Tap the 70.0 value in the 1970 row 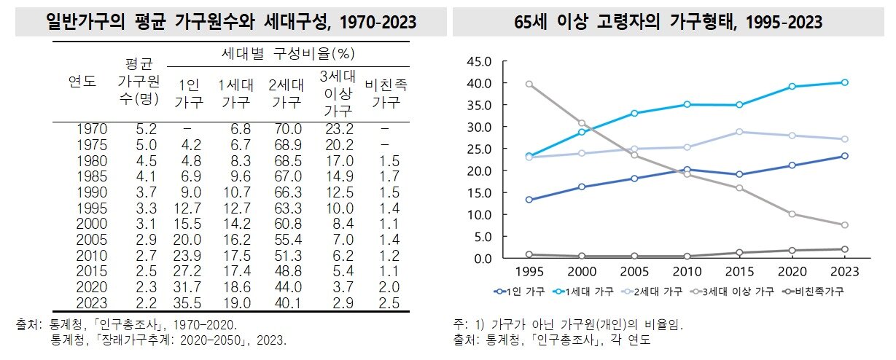click(x=285, y=129)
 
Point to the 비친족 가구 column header click(x=386, y=93)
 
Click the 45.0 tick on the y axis click(x=479, y=61)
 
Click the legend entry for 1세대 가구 click(x=584, y=291)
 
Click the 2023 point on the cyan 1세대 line click(x=844, y=82)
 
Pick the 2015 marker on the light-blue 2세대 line click(x=739, y=132)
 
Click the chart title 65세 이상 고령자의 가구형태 click(x=668, y=22)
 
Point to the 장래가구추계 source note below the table click(x=168, y=340)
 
